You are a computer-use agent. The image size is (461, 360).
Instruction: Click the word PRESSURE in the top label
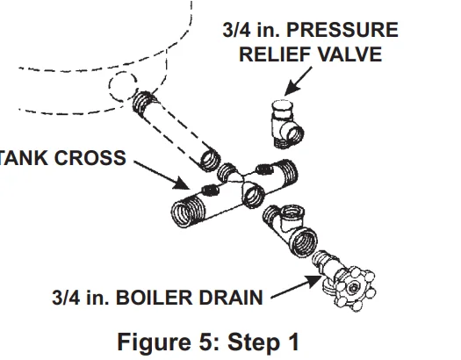(345, 31)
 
